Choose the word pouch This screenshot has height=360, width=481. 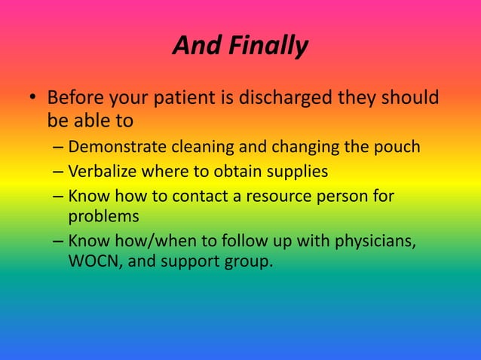coord(397,146)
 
